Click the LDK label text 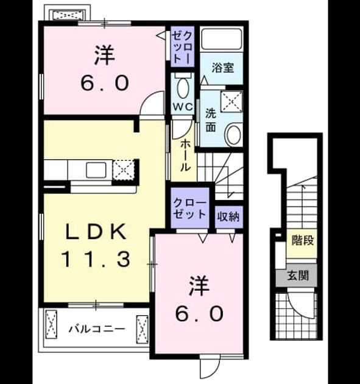(96, 232)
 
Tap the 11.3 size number (96, 260)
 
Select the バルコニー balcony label (96, 329)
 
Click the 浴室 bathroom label (223, 68)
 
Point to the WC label (183, 107)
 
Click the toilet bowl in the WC (183, 88)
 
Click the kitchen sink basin (96, 169)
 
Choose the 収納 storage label (228, 216)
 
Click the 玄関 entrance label (298, 276)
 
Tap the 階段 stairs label (303, 240)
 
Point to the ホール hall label (185, 156)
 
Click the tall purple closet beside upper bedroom (182, 46)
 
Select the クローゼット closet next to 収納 (190, 208)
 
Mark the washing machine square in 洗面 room (231, 101)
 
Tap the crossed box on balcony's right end (142, 329)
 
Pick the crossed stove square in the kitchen (123, 169)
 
